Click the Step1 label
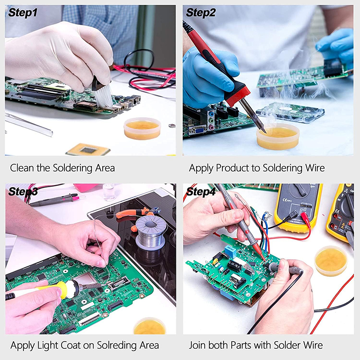click(22, 13)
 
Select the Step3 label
click(22, 192)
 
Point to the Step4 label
click(201, 192)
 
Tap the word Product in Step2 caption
click(232, 168)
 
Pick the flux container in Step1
click(142, 128)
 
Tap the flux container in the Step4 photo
click(331, 261)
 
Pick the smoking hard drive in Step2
click(290, 112)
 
